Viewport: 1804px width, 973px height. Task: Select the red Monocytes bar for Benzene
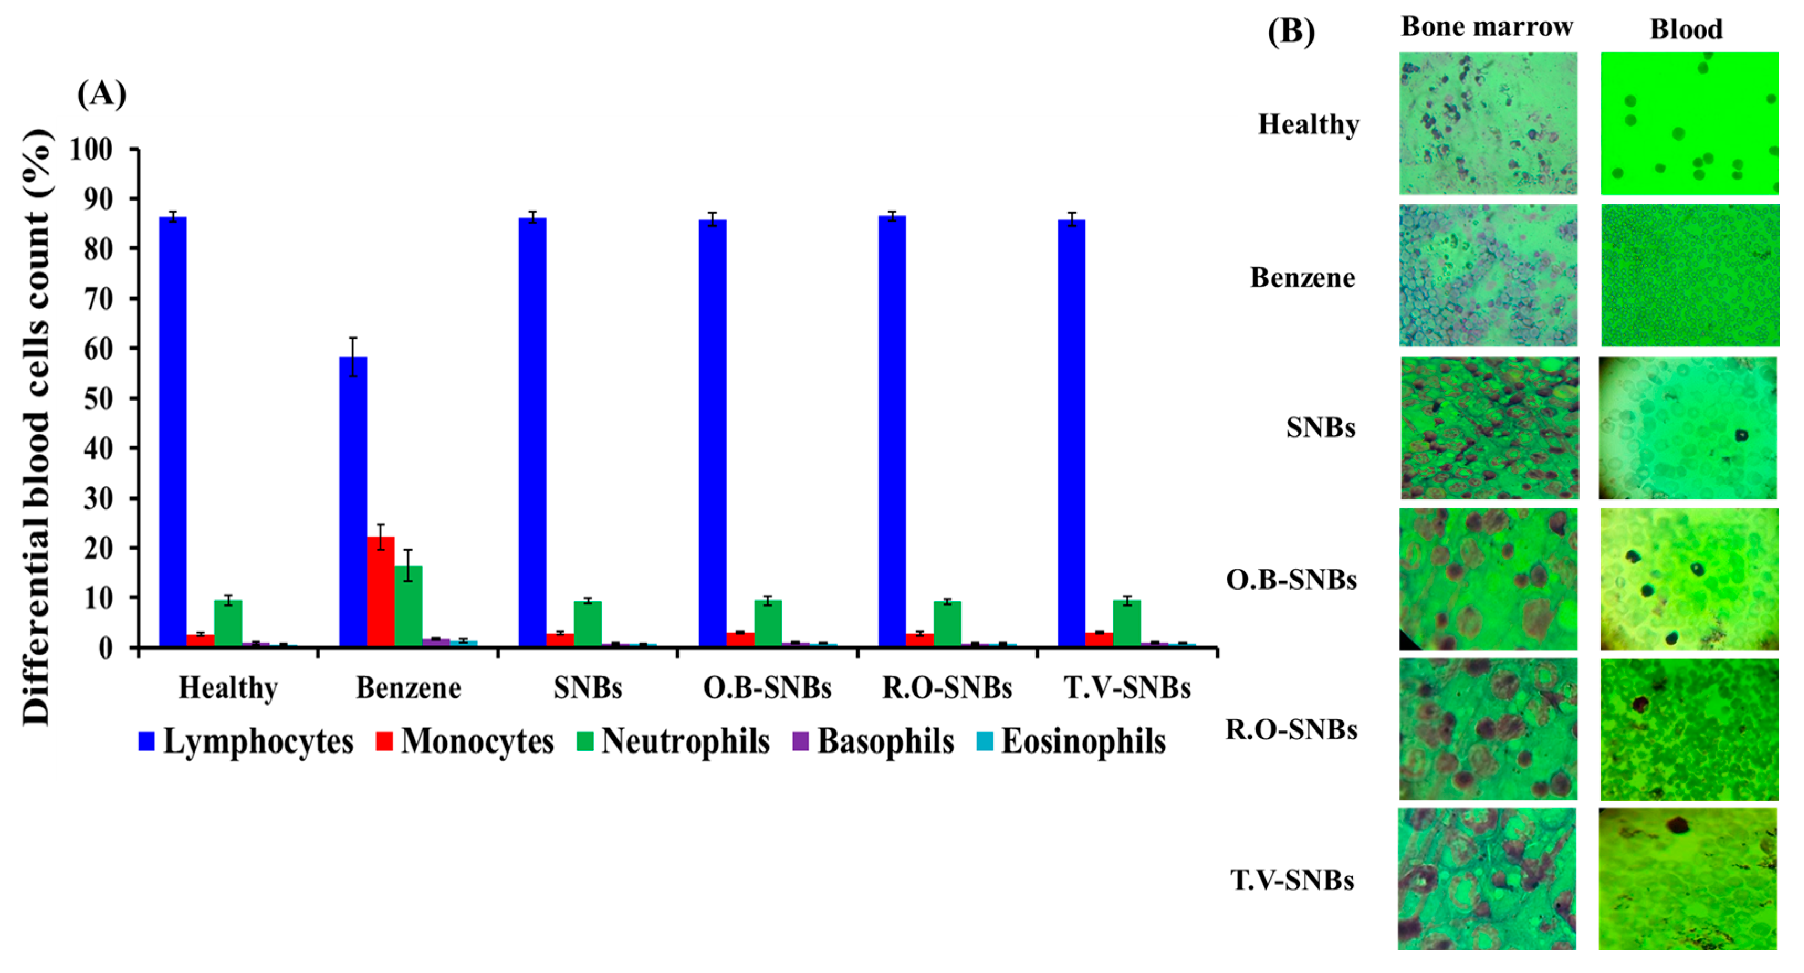(380, 592)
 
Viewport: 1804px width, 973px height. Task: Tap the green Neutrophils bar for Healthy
(228, 623)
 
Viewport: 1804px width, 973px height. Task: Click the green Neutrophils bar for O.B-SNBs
(768, 623)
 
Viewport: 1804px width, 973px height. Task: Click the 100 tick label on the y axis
(91, 149)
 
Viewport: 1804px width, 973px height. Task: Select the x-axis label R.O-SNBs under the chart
(947, 687)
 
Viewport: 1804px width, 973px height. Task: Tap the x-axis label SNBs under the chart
(588, 687)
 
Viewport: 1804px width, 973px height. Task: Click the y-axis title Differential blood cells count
(36, 427)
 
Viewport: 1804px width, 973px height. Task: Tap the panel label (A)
(102, 93)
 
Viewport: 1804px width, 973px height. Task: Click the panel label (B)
(1291, 31)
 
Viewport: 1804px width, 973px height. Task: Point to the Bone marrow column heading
(1487, 27)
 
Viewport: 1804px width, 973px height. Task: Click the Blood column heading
(1686, 29)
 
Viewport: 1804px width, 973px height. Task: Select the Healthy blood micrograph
(1689, 123)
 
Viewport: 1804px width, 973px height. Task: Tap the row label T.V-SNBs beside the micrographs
(1292, 880)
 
